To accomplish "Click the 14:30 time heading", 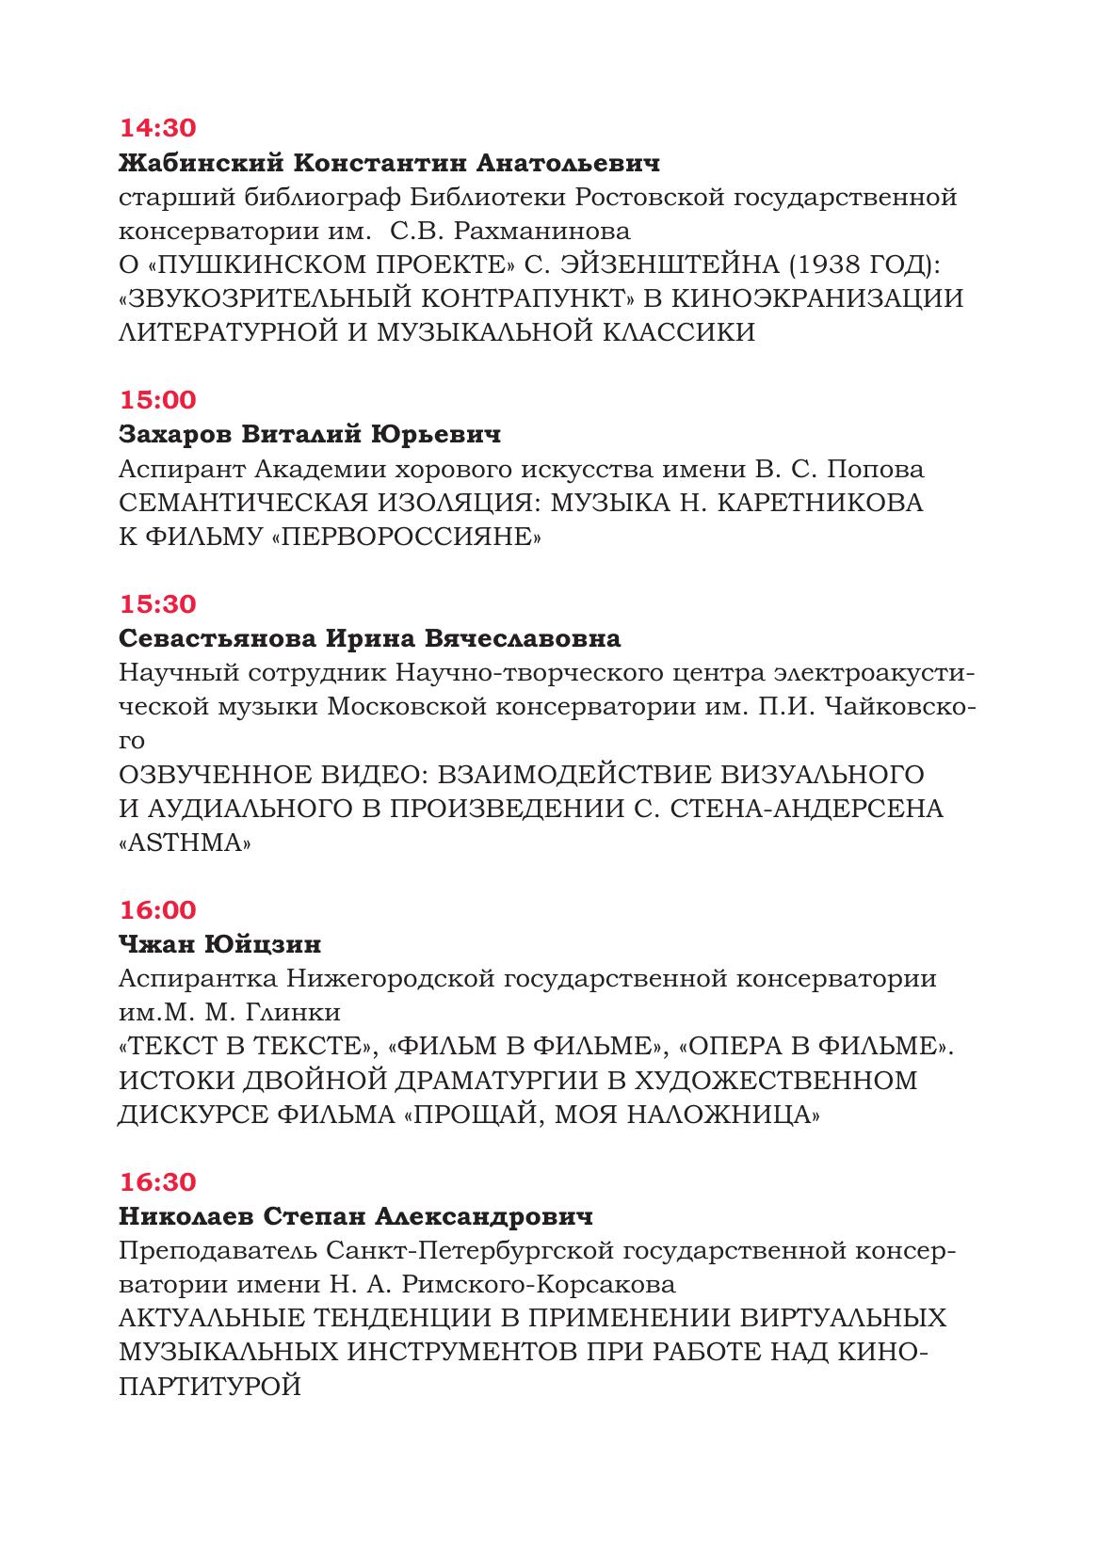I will [158, 128].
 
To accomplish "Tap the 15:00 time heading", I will [158, 400].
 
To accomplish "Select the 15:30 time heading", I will [158, 603].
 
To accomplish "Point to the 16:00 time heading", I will [158, 910].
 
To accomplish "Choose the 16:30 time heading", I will [158, 1182].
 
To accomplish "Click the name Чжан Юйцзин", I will [220, 944].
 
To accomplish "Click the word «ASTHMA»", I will [186, 843].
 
